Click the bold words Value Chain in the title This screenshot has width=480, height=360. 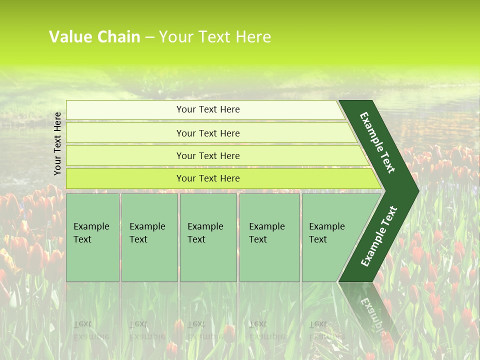point(94,37)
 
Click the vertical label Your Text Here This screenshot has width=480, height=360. point(57,144)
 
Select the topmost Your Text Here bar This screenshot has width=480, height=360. point(207,109)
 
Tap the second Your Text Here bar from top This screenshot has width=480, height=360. point(207,133)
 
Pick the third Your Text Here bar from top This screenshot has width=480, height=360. point(207,155)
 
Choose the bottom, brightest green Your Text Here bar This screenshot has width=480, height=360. point(207,178)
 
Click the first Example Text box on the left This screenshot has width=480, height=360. point(92,237)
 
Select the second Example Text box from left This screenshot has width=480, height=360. point(149,237)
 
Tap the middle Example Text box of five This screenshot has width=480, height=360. point(208,237)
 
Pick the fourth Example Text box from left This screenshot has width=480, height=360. point(269,237)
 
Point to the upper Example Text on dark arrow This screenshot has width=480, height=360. point(377,142)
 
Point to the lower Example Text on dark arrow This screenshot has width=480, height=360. point(379,236)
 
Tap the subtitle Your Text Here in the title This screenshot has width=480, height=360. point(215,37)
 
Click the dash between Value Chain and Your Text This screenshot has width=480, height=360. point(149,37)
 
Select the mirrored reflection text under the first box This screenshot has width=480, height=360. point(91,330)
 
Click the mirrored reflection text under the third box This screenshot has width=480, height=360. point(205,330)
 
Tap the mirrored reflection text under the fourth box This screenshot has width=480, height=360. point(266,330)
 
